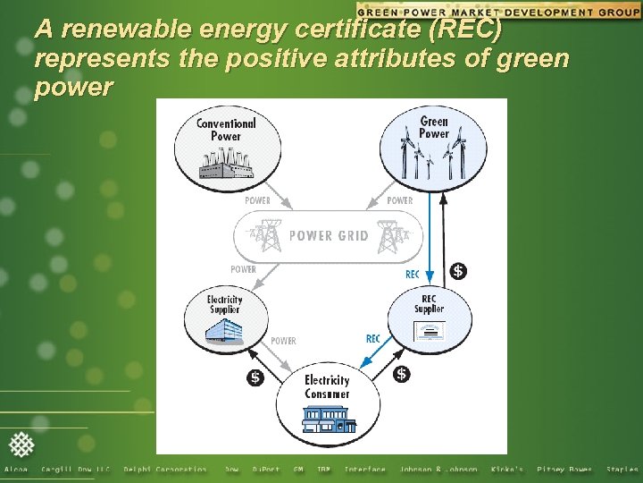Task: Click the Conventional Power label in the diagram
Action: (225, 129)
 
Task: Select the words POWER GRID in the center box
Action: (329, 236)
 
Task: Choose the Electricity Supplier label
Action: (224, 304)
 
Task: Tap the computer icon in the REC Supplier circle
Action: (430, 331)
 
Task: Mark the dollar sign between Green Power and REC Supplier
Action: (458, 270)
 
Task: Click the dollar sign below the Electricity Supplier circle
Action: (255, 377)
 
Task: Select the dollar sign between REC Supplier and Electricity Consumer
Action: (402, 373)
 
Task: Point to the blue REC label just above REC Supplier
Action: (412, 275)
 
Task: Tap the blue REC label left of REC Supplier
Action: (372, 339)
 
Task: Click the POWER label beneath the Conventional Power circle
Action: (257, 200)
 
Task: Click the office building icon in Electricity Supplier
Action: (223, 332)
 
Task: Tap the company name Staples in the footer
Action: (622, 470)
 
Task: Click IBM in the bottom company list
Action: (323, 470)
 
